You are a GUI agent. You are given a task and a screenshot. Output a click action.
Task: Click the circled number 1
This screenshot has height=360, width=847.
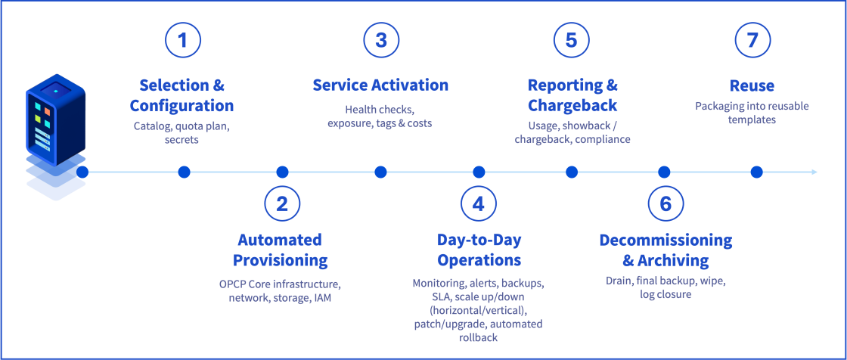click(x=183, y=41)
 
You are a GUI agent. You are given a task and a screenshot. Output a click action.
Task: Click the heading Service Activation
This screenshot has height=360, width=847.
click(x=380, y=85)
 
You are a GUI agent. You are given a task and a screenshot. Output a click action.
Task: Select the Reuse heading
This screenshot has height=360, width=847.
click(x=752, y=85)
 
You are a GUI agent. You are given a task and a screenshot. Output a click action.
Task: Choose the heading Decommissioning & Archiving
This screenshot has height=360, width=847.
click(x=665, y=250)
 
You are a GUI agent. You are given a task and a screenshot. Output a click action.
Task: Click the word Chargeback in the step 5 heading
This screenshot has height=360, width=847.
click(x=572, y=105)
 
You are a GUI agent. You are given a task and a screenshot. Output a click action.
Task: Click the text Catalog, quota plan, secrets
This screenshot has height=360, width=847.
click(x=181, y=132)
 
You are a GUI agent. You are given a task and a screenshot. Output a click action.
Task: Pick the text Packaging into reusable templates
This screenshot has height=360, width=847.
click(x=752, y=113)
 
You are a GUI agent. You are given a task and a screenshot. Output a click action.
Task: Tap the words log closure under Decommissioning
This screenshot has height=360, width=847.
click(x=665, y=294)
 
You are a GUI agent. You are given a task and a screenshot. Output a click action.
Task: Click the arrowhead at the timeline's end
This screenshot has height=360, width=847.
click(x=814, y=172)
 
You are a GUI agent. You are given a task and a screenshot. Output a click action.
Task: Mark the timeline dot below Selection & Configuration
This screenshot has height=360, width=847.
click(x=184, y=172)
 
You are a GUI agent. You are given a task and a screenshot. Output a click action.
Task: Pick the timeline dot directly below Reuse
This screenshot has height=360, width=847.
click(x=756, y=172)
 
